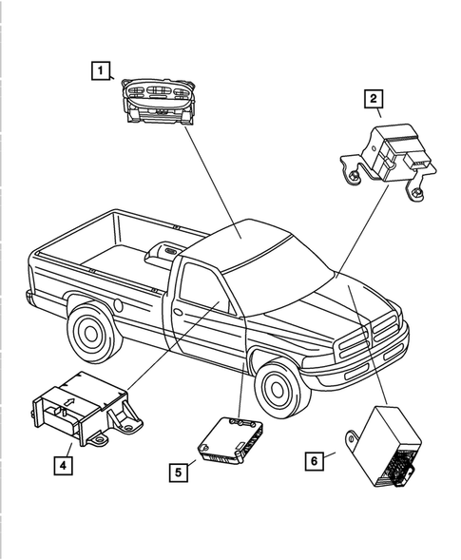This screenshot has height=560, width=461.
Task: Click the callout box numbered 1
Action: tap(99, 68)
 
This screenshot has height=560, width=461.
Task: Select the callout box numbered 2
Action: tap(374, 98)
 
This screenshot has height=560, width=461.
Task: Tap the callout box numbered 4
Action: tap(62, 465)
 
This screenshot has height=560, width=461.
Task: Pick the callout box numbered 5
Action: tap(178, 471)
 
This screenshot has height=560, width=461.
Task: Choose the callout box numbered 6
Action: tap(313, 461)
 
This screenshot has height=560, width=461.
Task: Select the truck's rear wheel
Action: tap(91, 332)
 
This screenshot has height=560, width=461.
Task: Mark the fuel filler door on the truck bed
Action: tap(118, 306)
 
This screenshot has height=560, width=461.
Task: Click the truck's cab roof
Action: tap(242, 234)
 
